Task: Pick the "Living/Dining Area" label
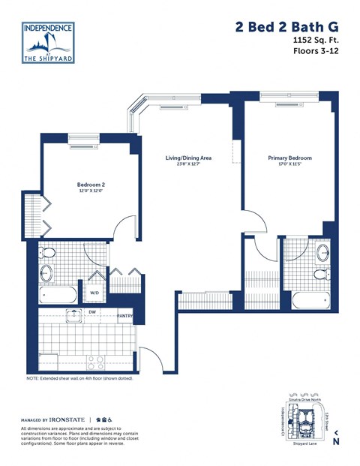(x=188, y=158)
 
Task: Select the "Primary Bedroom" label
(x=289, y=158)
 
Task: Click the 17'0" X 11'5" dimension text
(x=289, y=165)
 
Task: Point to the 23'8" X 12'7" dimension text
(x=188, y=165)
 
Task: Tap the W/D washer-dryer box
(x=94, y=293)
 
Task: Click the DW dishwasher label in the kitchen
(x=91, y=311)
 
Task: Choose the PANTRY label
(x=125, y=317)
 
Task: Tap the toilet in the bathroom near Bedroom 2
(x=47, y=253)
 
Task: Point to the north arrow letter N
(x=336, y=441)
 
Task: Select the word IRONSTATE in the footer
(x=67, y=419)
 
